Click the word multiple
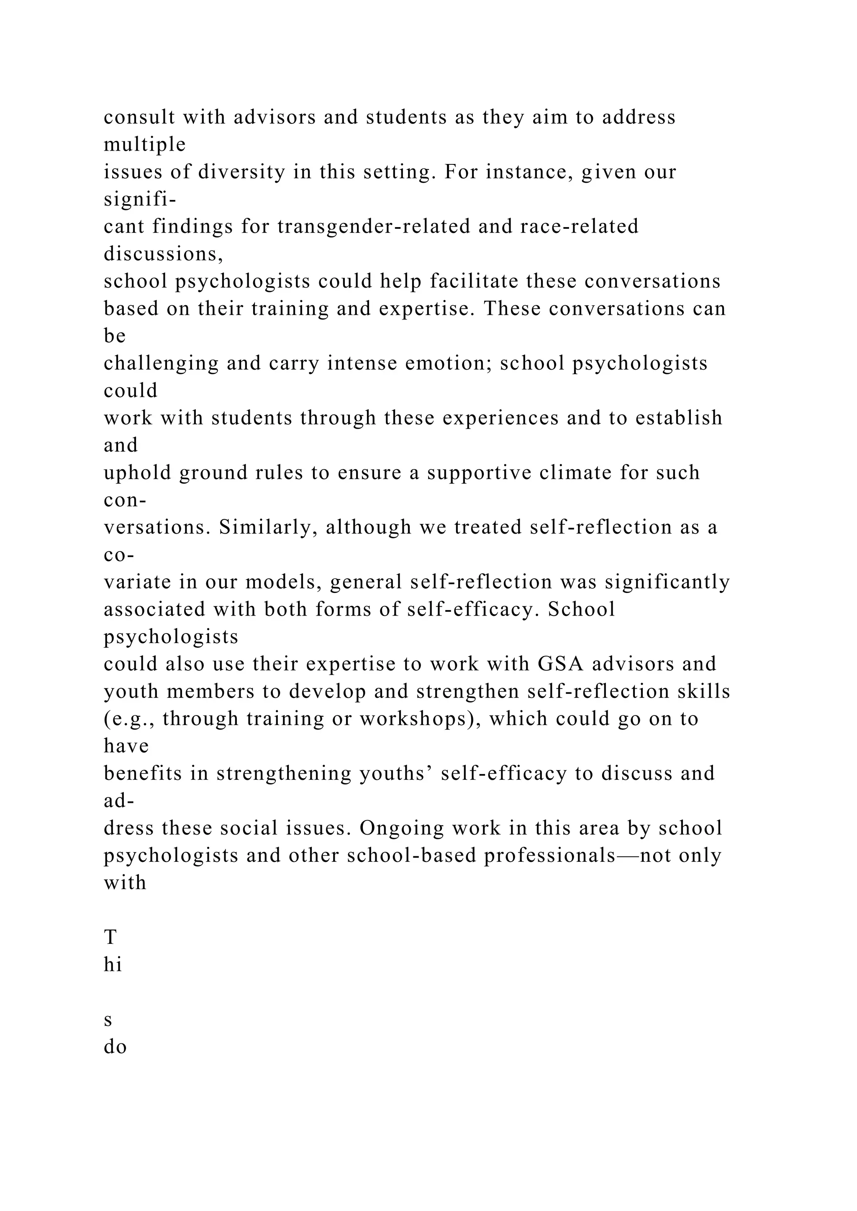[145, 145]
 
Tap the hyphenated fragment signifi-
[140, 199]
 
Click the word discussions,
[163, 254]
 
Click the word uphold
[137, 473]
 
